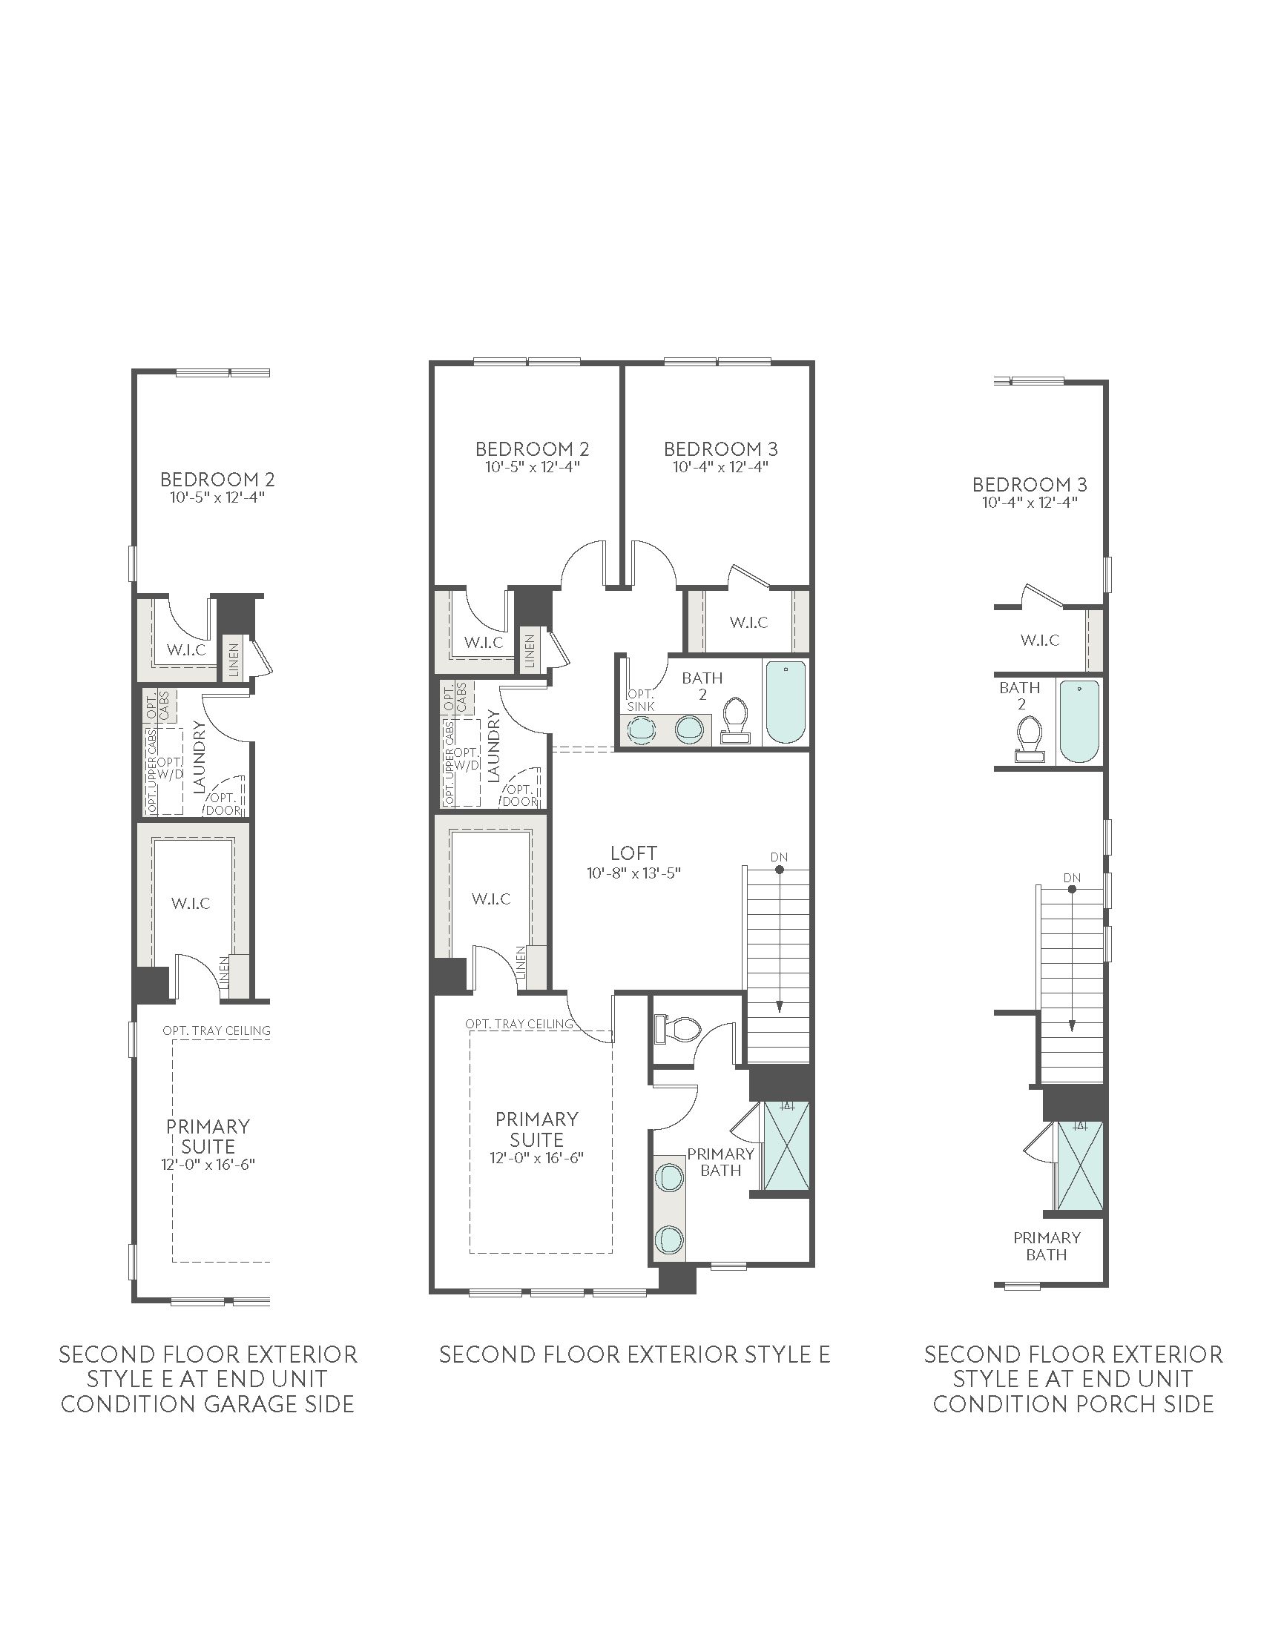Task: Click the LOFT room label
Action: (x=633, y=853)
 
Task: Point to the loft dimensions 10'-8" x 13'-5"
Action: (x=633, y=873)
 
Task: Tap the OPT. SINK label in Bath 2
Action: (x=641, y=701)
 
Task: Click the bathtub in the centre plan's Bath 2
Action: (x=786, y=702)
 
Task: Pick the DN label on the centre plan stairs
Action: (x=779, y=857)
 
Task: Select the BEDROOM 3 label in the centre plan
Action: (x=721, y=449)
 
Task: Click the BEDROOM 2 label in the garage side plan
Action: (x=217, y=479)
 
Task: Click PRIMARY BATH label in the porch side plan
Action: (x=1047, y=1246)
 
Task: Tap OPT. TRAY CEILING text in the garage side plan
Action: (x=217, y=1030)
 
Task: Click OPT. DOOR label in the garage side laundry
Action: (x=224, y=804)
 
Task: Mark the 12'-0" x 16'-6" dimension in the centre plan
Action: (x=536, y=1158)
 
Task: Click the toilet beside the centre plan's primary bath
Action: (x=677, y=1028)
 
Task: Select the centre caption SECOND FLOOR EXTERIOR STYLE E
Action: (x=634, y=1354)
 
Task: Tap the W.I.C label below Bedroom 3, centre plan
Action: (x=748, y=622)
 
